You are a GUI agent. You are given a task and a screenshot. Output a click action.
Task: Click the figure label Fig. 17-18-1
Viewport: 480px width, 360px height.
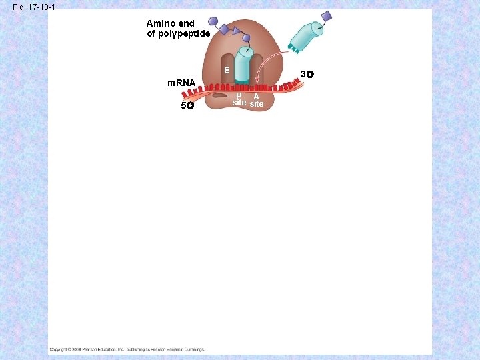click(x=34, y=7)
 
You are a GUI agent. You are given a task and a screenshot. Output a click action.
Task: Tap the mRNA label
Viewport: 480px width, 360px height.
click(x=181, y=83)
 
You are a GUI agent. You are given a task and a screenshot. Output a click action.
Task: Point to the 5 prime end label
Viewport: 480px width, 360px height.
click(x=186, y=106)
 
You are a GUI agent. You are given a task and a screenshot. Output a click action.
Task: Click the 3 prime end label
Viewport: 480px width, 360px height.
click(x=307, y=73)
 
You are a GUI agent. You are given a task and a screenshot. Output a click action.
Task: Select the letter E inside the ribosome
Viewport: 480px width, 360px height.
click(x=227, y=69)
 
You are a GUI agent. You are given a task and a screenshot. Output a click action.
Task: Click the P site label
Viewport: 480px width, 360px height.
click(x=239, y=99)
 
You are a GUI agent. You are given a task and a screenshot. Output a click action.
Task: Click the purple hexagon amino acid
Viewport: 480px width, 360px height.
click(x=213, y=23)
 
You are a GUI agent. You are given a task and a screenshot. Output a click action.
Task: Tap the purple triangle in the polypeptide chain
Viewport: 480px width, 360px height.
click(x=236, y=31)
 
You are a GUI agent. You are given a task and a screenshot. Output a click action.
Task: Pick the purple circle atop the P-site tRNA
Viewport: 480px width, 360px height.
click(x=246, y=39)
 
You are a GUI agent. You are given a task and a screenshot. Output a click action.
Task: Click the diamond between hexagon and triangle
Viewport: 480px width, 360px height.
click(x=225, y=28)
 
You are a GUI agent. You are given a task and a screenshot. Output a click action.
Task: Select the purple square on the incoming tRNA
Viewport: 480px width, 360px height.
click(x=326, y=16)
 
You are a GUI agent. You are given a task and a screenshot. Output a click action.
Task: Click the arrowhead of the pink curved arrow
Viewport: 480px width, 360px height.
click(x=257, y=81)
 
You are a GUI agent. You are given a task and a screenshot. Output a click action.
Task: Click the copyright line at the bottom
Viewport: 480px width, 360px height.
click(x=127, y=349)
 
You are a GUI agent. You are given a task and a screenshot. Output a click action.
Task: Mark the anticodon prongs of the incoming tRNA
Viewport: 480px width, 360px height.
click(x=292, y=49)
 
